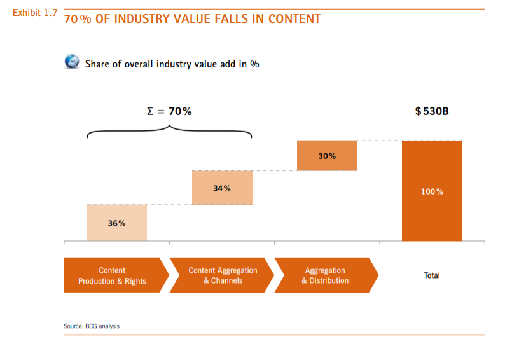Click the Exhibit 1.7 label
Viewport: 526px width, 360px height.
(35, 13)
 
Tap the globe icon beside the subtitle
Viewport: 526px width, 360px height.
(73, 62)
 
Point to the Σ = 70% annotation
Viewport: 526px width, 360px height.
(169, 111)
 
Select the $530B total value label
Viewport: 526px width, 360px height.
(432, 111)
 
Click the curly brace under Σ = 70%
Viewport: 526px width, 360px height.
(169, 131)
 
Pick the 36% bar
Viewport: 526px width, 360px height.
(116, 223)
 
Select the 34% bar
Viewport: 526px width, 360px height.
(222, 188)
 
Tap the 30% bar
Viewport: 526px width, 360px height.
(327, 156)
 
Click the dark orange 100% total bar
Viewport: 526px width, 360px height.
(432, 191)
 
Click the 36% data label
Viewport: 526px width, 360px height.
(116, 223)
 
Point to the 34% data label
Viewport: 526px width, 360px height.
(222, 188)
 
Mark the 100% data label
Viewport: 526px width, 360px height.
(432, 191)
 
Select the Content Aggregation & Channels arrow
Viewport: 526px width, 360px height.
(222, 275)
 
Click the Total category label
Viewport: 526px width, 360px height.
(432, 275)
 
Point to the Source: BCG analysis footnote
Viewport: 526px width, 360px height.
(92, 326)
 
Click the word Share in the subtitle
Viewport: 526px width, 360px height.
(97, 64)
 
